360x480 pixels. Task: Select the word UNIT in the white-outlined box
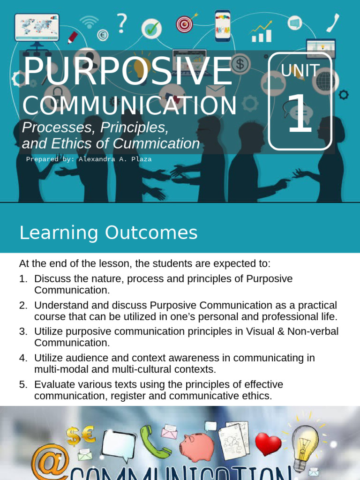pyautogui.click(x=300, y=71)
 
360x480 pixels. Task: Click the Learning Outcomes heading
pyautogui.click(x=108, y=233)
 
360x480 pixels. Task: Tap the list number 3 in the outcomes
pyautogui.click(x=23, y=331)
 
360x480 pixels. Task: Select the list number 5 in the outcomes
pyautogui.click(x=23, y=385)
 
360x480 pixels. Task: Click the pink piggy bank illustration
pyautogui.click(x=197, y=447)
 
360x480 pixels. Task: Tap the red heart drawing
pyautogui.click(x=269, y=443)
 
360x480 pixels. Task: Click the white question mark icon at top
pyautogui.click(x=122, y=22)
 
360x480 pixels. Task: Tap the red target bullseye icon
pyautogui.click(x=184, y=24)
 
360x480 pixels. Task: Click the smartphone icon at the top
pyautogui.click(x=223, y=25)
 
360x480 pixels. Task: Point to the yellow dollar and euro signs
pyautogui.click(x=80, y=436)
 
